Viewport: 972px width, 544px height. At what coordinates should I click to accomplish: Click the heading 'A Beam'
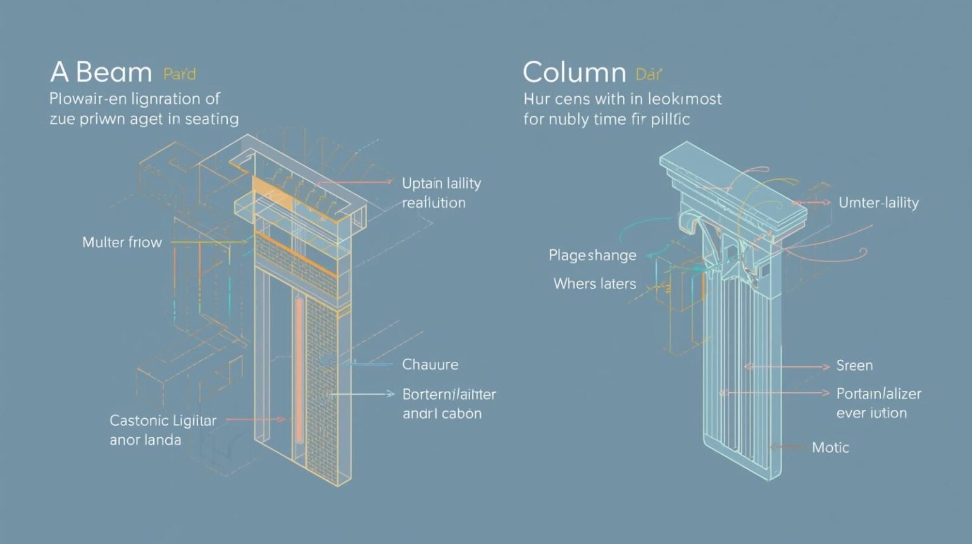point(101,73)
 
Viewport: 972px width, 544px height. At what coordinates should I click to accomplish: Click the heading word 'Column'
point(574,73)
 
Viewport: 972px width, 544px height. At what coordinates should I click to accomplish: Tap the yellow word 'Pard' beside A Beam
point(180,75)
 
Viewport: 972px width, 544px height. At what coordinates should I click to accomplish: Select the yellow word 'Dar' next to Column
point(649,75)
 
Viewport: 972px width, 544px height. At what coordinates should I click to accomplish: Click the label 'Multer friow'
point(122,242)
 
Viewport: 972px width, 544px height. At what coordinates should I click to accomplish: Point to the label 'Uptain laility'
point(441,183)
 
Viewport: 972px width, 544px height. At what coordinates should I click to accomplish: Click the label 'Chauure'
point(430,364)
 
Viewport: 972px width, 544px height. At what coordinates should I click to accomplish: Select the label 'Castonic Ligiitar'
point(163,421)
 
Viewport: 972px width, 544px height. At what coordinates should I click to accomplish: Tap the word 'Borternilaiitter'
point(449,394)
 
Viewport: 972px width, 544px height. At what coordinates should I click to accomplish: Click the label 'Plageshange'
point(592,256)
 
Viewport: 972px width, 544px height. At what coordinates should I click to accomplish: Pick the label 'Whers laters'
point(594,283)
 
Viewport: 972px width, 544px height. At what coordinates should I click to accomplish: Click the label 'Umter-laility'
point(878,203)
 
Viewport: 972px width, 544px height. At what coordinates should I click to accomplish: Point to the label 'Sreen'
point(854,366)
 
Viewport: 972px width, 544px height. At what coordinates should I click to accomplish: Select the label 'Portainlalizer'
point(878,393)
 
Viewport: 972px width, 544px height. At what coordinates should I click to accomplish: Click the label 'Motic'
point(830,448)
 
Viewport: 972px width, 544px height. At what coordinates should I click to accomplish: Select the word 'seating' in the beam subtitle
point(211,119)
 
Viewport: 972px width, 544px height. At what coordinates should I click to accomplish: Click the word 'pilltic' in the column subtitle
point(669,119)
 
